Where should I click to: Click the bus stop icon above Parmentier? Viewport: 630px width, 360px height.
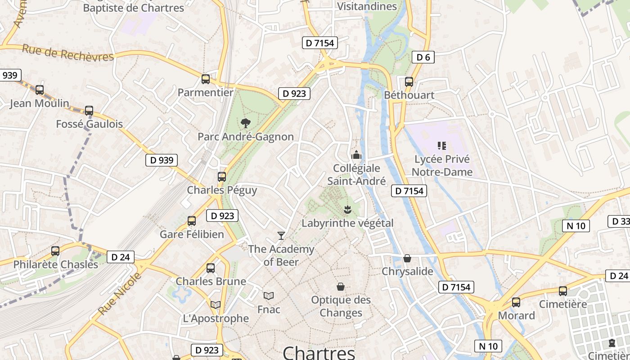tap(206, 79)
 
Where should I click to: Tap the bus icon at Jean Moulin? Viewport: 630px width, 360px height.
tap(40, 90)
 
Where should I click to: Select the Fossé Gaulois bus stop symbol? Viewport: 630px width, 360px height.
tap(89, 111)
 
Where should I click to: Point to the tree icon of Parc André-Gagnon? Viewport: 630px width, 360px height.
tap(246, 123)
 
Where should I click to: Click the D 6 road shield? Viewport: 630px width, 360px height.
tap(423, 57)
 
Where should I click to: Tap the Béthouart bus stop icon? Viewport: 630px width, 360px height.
tap(409, 82)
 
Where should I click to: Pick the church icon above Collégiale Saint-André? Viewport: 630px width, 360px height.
tap(356, 155)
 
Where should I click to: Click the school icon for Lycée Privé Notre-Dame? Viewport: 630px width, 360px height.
tap(442, 146)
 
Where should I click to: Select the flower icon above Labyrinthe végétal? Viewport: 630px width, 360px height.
tap(347, 210)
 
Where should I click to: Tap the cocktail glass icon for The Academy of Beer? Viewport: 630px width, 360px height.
tap(281, 235)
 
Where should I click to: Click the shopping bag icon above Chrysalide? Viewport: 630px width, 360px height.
tap(407, 258)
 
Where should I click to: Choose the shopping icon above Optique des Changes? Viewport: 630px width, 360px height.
tap(341, 287)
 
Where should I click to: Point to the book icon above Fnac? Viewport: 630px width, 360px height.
tap(269, 296)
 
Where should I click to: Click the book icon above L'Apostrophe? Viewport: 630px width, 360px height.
tap(216, 305)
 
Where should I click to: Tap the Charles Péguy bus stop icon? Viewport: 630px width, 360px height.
tap(222, 176)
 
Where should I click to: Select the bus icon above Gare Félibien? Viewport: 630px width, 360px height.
tap(192, 221)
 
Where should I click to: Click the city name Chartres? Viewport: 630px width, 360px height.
tap(319, 352)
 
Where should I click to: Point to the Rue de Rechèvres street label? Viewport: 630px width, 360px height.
tap(68, 53)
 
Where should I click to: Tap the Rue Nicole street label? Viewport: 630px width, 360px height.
tap(120, 293)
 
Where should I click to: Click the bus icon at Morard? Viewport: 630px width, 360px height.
tap(516, 302)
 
